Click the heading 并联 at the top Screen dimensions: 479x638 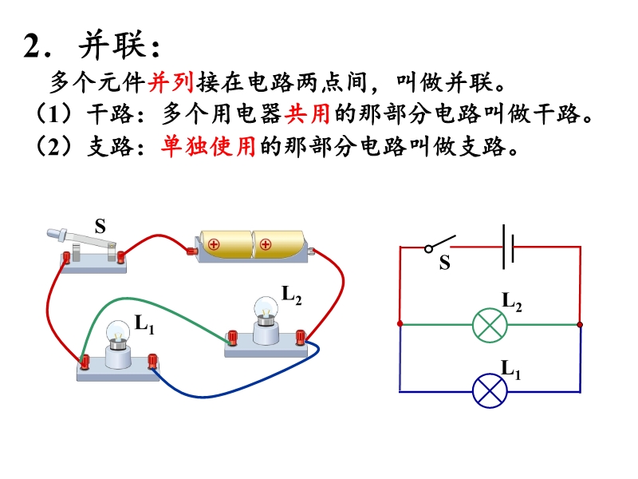[x=119, y=47]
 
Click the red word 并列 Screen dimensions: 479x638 [x=166, y=83]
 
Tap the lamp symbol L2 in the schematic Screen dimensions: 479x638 [x=490, y=325]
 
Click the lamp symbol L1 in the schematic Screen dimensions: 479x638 [x=490, y=391]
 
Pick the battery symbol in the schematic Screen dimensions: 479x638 [x=508, y=247]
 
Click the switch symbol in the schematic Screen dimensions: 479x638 [x=441, y=242]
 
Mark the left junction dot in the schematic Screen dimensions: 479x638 [x=400, y=325]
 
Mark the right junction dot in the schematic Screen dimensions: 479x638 [x=580, y=325]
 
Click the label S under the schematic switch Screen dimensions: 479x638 [x=444, y=262]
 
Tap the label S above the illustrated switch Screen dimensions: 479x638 [x=100, y=227]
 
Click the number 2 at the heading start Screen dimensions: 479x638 [x=32, y=47]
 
